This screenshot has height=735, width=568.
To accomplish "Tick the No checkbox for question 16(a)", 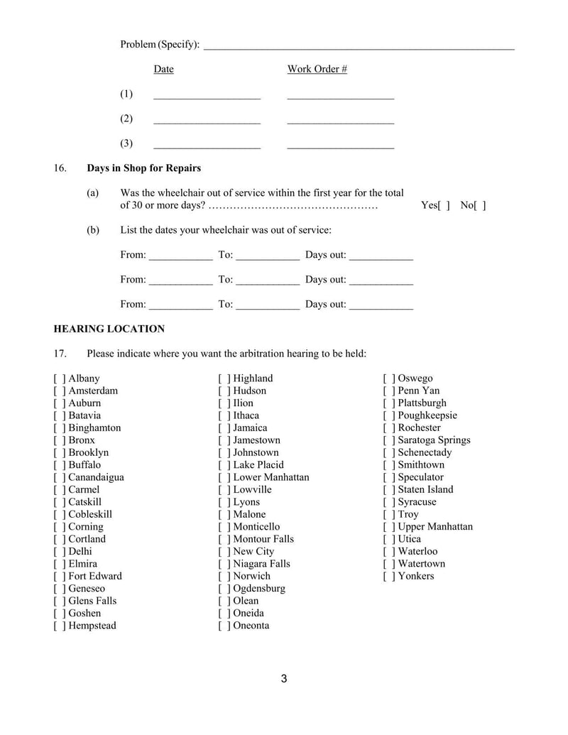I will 481,206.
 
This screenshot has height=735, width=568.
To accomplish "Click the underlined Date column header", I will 163,69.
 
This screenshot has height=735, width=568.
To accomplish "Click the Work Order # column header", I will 317,69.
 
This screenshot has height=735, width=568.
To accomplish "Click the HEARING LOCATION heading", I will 109,329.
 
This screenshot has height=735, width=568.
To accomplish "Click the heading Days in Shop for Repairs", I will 143,168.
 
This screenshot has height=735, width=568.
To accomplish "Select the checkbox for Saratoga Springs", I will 389,440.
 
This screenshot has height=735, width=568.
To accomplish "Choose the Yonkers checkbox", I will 389,576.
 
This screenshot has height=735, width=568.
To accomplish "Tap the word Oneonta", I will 251,626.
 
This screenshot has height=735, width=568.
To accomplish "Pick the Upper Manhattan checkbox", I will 389,527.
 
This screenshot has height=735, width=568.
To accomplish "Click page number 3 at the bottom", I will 284,679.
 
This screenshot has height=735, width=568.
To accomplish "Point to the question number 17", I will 60,354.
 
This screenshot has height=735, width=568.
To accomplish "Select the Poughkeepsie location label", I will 427,415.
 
